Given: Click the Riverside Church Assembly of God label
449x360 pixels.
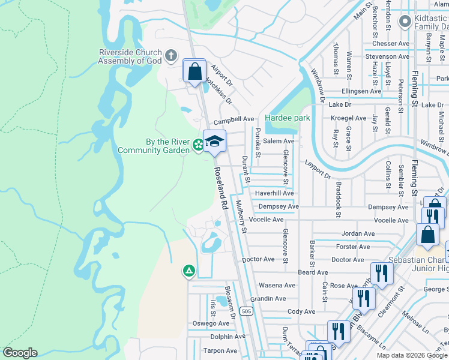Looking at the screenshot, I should coord(130,56).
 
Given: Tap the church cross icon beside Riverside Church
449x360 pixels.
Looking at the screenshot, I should coord(171,56).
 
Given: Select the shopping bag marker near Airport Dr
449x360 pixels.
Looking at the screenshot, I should coord(194,72).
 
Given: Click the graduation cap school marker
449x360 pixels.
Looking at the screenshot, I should coord(214,142).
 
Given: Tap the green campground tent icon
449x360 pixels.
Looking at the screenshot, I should coord(188,272).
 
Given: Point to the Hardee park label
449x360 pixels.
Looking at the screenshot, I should coord(288,118).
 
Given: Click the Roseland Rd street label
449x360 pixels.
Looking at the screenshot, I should coord(219,188).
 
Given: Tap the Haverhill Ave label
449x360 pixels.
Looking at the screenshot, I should coord(274,193).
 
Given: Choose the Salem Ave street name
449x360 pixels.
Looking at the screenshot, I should coord(279,141).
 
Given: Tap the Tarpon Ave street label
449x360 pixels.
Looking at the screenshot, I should coord(220,351).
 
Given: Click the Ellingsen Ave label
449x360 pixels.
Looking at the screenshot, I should coord(361,91).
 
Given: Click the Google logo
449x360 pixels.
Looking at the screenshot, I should coord(20,352).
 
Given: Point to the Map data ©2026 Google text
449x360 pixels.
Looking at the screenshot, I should coord(411,355).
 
